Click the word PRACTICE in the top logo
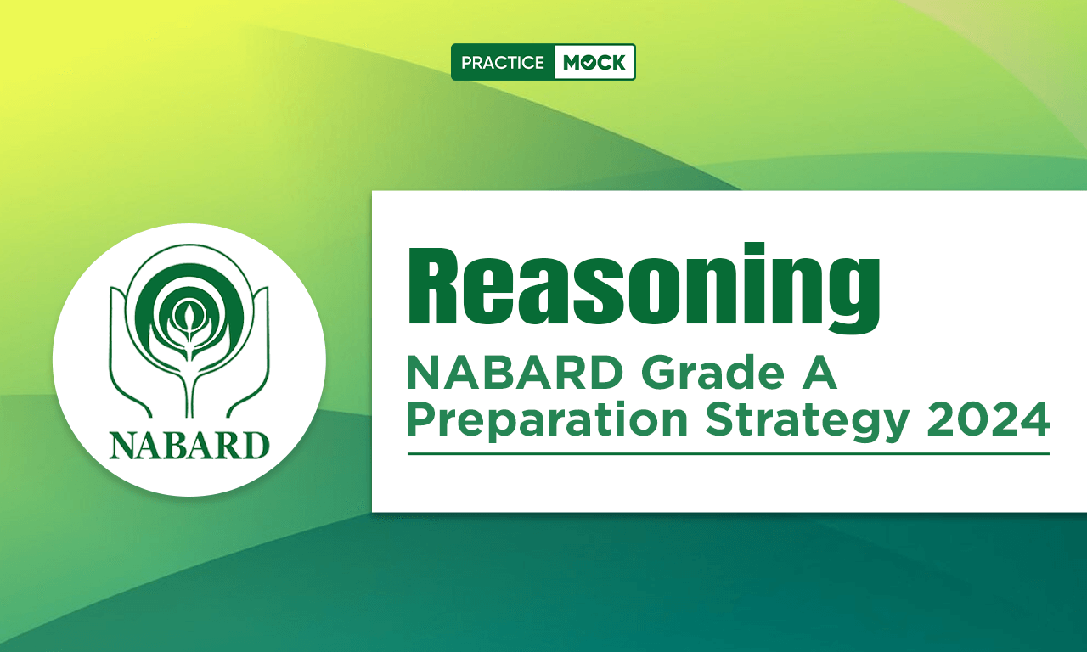tap(502, 63)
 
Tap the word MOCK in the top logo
tap(594, 63)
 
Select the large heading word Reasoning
tap(644, 288)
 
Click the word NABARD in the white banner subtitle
tap(515, 373)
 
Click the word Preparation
tap(548, 420)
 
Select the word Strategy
tap(807, 420)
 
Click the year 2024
tap(988, 419)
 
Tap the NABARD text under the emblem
tap(189, 446)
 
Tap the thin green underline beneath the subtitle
tap(729, 454)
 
